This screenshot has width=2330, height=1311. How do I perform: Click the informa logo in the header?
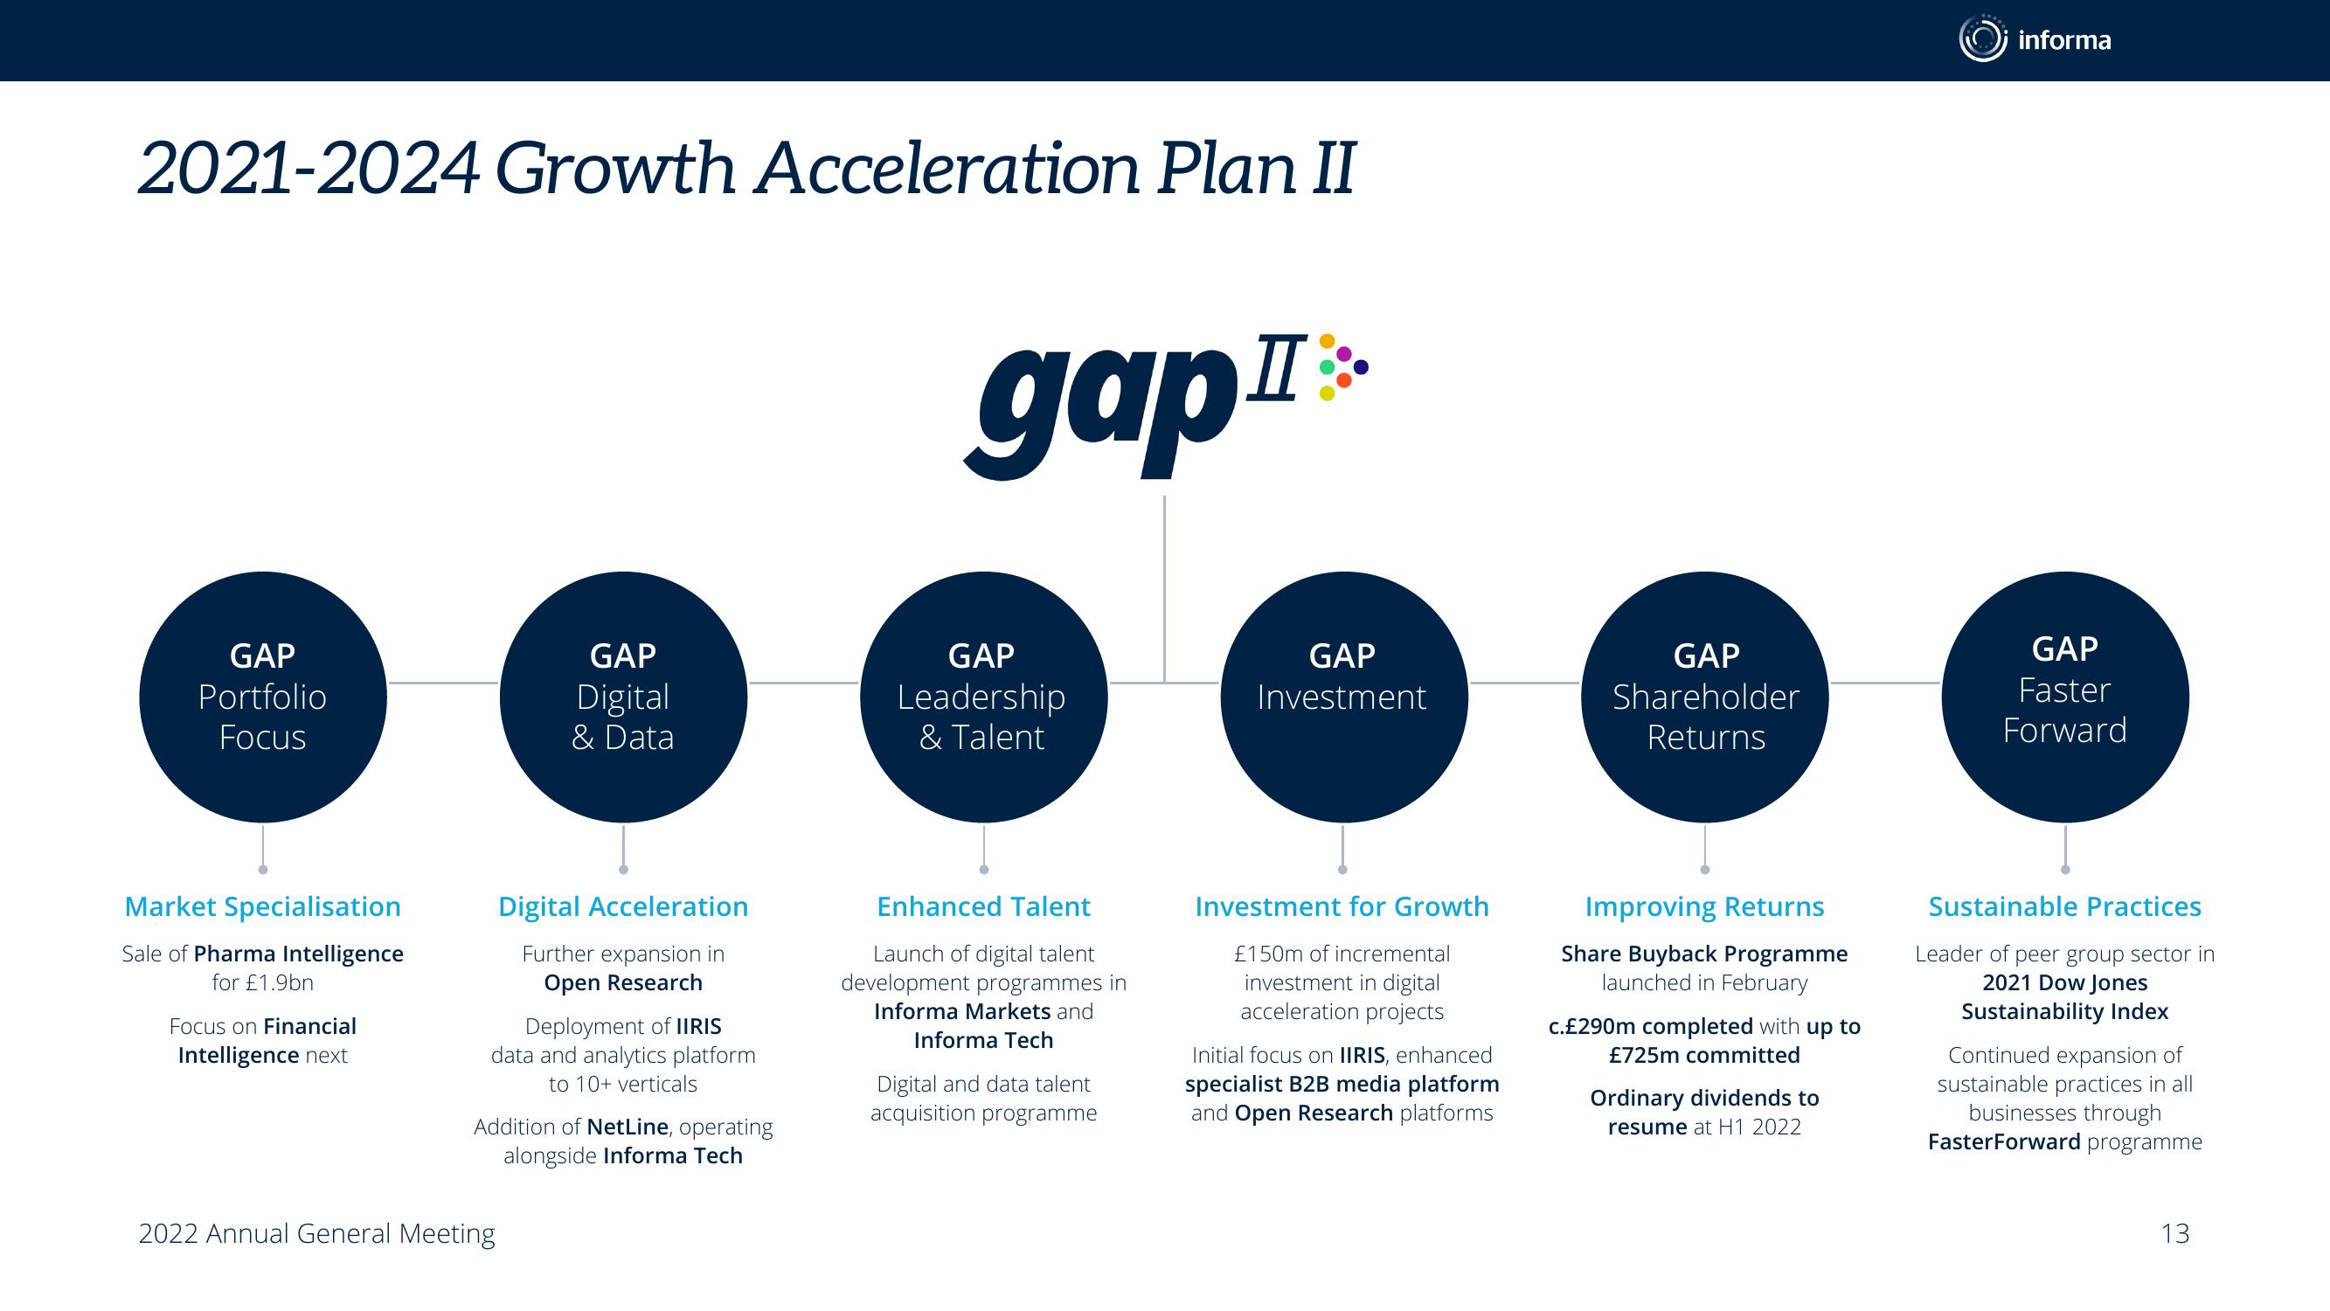point(2035,40)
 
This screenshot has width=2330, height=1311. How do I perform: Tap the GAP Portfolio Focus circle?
point(263,697)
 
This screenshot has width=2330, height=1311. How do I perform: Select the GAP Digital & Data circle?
point(623,697)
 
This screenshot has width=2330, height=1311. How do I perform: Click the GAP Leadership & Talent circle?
point(983,697)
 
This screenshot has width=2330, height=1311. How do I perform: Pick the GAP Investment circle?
point(1343,697)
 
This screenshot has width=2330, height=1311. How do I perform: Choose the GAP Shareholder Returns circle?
point(1705,697)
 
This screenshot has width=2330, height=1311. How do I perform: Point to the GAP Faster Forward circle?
point(2065,697)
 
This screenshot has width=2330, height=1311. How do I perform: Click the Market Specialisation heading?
point(262,906)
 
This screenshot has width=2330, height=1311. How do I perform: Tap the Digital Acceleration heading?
point(623,906)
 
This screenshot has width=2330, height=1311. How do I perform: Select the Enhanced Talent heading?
point(983,906)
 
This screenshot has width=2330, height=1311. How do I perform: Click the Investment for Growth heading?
point(1342,906)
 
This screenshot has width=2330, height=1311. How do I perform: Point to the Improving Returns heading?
point(1704,906)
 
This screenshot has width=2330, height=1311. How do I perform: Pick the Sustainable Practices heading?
point(2065,906)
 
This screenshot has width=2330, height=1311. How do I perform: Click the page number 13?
point(2175,1233)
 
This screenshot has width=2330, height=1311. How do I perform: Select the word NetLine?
point(628,1127)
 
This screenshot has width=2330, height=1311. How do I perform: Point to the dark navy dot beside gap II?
point(1362,366)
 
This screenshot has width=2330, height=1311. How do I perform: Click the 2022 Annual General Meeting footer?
point(316,1234)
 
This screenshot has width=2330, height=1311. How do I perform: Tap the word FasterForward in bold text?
point(2004,1141)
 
